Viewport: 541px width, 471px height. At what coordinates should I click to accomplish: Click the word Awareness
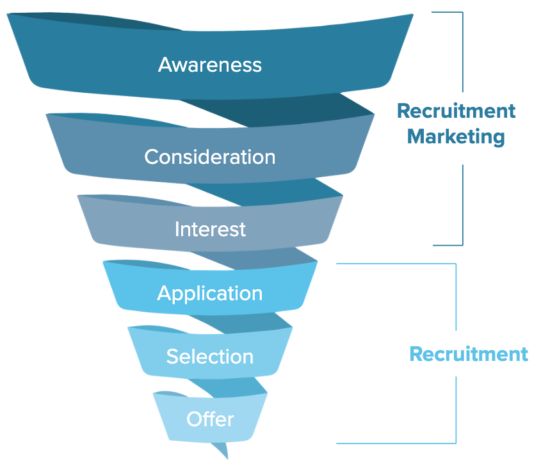click(x=210, y=65)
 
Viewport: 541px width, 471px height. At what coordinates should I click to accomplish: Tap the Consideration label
click(x=210, y=157)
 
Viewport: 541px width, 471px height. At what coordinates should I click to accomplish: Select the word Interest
click(x=210, y=229)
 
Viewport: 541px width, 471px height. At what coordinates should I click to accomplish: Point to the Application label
click(x=210, y=293)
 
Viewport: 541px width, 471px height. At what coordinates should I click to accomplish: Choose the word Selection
click(x=210, y=356)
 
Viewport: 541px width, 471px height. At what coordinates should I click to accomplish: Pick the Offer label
click(x=210, y=419)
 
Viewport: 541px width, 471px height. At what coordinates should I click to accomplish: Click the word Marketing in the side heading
click(x=456, y=136)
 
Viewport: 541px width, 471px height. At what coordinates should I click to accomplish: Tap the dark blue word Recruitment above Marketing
click(x=456, y=111)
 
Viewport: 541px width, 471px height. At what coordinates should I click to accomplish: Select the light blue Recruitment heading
click(x=469, y=354)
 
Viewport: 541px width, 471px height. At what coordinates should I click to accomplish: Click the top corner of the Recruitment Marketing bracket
click(x=462, y=12)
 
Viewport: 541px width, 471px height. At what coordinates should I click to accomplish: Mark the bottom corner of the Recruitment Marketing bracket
click(x=462, y=245)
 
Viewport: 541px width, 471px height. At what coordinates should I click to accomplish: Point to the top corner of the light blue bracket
click(x=456, y=264)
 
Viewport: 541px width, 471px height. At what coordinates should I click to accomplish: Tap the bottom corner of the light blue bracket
click(x=456, y=443)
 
